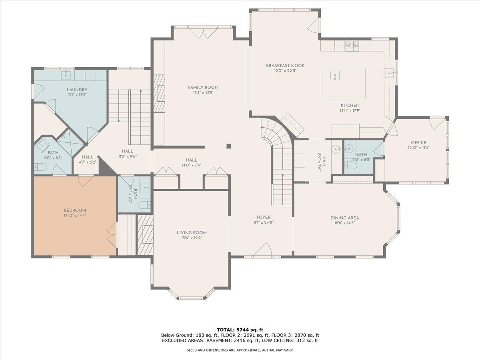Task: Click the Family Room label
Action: pos(203,88)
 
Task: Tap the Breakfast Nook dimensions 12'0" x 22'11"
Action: pos(285,71)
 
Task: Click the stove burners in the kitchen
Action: pos(352,46)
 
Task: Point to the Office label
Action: pos(418,143)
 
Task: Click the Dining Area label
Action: pos(344,218)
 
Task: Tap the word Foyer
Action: pos(264,217)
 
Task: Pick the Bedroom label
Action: pos(75,210)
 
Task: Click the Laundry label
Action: pos(77,90)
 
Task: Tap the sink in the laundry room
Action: pos(66,75)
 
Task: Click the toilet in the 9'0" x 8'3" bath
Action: pos(41,168)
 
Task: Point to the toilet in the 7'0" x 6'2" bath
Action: pos(351,165)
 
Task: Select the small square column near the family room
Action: pos(229,146)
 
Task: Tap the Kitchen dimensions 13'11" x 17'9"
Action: pos(350,111)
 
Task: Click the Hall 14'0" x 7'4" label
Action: pos(191,163)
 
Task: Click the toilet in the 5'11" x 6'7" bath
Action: pos(144,205)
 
